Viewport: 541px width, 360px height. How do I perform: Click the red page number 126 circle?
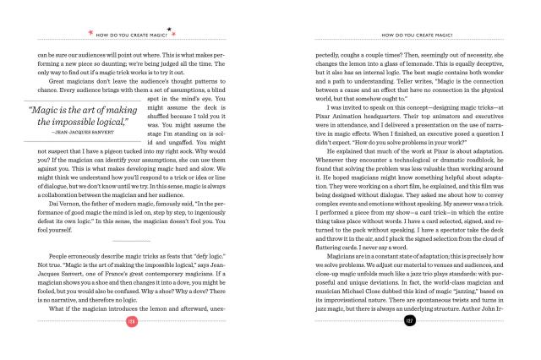131,346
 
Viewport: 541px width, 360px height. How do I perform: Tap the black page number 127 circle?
409,346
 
